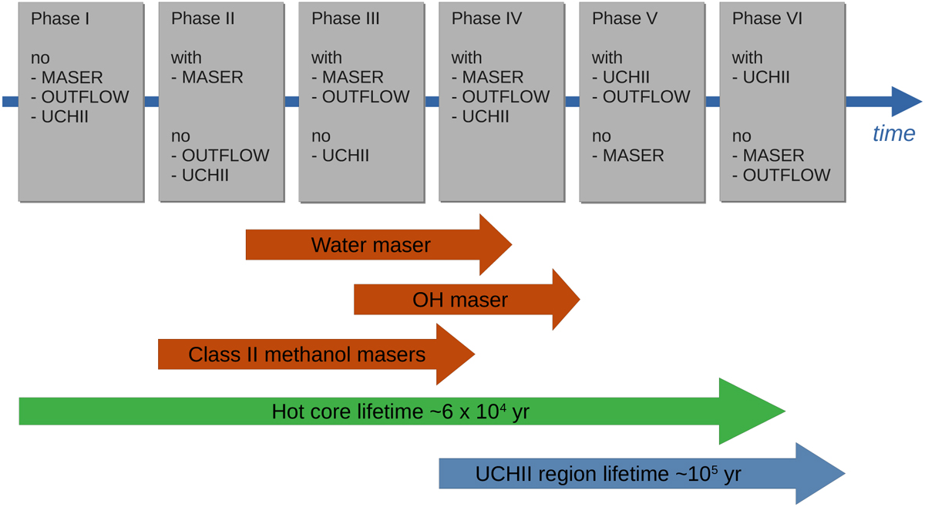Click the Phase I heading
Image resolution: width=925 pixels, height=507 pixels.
coord(60,18)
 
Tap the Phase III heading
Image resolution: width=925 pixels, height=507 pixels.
coord(346,18)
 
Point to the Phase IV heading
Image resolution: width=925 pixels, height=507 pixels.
coord(486,18)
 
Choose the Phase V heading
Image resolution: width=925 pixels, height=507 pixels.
coord(624,18)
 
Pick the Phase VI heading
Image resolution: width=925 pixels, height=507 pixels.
coord(767,18)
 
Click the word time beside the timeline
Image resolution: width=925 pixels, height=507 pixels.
coord(893,134)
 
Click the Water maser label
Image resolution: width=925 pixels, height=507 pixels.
coord(371,246)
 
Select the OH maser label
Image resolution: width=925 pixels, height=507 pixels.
coord(460,300)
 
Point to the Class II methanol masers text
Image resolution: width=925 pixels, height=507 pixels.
coord(307,354)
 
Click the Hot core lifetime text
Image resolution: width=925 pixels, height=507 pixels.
coord(401,412)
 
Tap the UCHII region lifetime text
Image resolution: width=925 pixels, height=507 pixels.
coord(608,474)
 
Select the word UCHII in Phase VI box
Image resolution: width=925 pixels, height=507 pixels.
coord(766,78)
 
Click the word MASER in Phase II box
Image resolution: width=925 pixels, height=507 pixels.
coord(213,78)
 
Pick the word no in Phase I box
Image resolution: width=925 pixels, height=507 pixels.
coord(40,59)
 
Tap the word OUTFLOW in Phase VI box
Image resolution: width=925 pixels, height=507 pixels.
coord(786,176)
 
